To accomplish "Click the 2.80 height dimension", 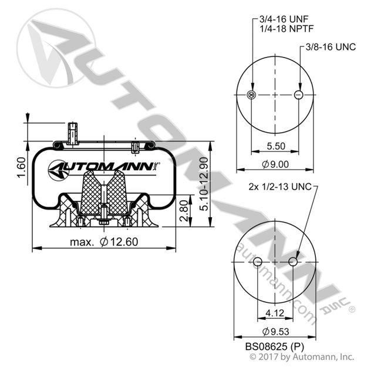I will [x=184, y=210].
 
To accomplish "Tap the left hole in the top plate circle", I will [x=252, y=95].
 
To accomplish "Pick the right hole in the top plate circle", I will [x=298, y=95].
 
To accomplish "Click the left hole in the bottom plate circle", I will [x=257, y=262].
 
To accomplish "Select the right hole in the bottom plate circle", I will [x=292, y=262].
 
